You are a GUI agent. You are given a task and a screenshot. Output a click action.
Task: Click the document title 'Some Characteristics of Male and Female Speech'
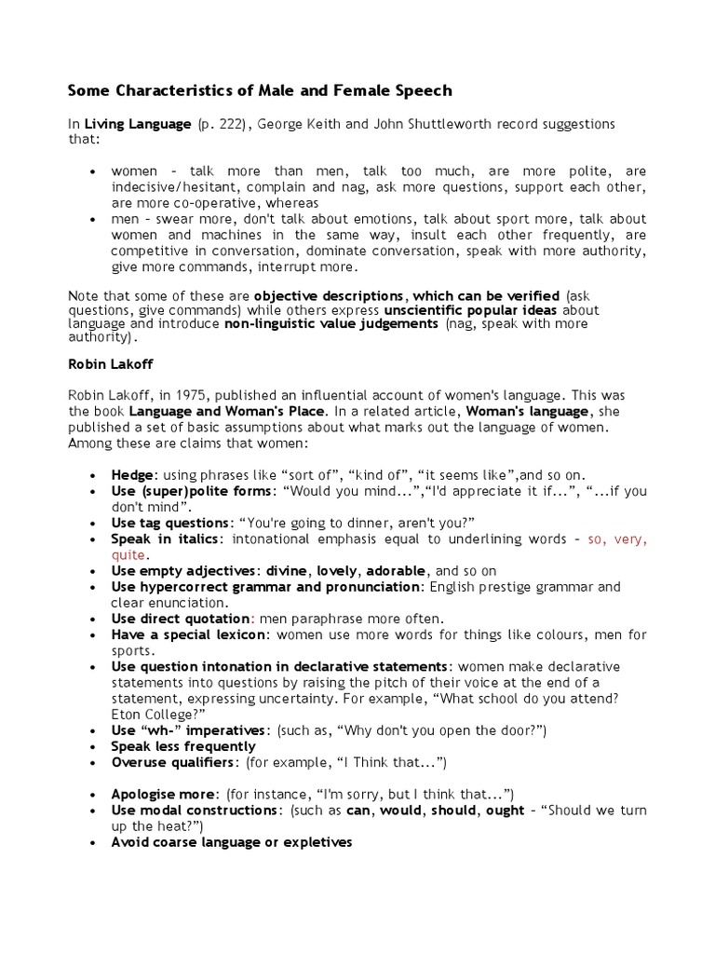[260, 90]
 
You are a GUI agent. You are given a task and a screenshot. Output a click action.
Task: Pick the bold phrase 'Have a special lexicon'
[189, 634]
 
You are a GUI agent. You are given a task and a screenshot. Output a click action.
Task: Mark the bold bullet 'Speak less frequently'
[183, 746]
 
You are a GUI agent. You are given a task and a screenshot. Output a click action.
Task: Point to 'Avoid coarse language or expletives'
[231, 842]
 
